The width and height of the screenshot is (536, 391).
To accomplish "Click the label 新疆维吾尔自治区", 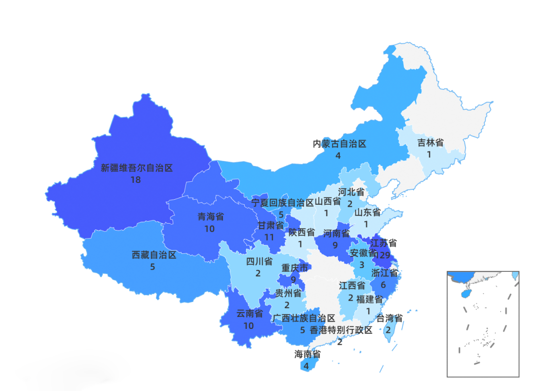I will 136,168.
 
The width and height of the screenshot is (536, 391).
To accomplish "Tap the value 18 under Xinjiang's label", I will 135,180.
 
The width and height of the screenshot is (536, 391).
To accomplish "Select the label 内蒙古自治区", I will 339,144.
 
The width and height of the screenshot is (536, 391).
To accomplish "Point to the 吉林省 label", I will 430,143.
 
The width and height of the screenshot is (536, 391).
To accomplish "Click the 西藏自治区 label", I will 154,255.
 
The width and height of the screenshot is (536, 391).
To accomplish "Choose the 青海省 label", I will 210,217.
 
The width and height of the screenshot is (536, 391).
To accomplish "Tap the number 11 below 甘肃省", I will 269,237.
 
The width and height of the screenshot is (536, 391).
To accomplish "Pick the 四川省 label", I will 259,261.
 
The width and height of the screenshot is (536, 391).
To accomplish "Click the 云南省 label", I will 249,313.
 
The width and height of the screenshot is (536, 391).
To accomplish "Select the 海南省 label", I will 307,354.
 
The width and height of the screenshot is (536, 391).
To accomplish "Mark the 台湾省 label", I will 389,318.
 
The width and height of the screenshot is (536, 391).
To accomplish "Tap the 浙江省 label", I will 384,273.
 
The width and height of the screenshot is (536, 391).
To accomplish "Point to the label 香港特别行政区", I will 341,330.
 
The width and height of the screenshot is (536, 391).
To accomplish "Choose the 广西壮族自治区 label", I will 304,318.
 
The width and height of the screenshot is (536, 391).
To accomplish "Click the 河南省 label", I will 336,233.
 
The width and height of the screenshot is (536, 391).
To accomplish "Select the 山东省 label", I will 367,213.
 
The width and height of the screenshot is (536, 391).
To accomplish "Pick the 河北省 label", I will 351,192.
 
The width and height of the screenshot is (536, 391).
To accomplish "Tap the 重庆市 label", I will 295,268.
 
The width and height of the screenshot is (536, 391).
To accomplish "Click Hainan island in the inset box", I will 465,294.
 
